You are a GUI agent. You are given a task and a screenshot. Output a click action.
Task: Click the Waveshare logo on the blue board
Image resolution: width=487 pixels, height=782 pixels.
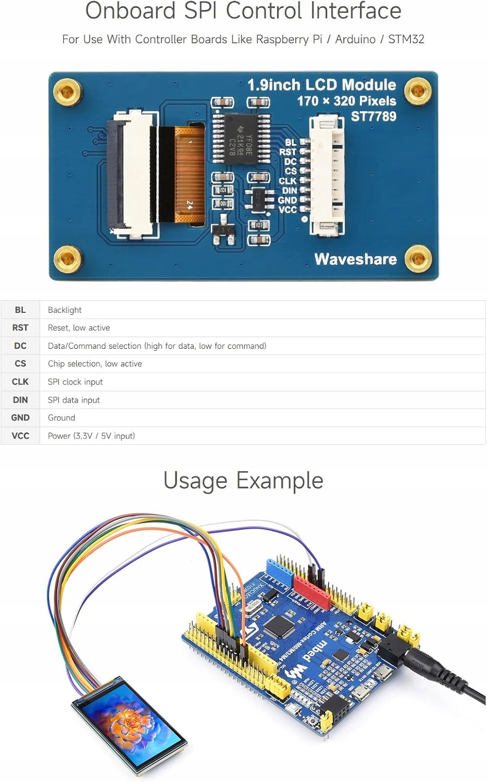355,259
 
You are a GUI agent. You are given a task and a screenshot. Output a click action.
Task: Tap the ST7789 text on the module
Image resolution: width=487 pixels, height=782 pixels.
373,116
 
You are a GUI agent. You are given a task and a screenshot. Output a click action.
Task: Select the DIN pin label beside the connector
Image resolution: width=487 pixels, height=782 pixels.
289,191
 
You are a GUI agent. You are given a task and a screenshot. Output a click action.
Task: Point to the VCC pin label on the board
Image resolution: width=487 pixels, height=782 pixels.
288,210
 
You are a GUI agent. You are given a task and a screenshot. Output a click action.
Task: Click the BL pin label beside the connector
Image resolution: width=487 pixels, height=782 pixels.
290,142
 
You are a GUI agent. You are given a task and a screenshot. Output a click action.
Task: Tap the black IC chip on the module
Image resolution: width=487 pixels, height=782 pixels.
241,138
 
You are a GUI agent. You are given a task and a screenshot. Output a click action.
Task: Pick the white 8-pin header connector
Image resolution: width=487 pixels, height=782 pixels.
327,175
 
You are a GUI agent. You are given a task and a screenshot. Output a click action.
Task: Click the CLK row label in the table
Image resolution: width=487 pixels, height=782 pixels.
20,382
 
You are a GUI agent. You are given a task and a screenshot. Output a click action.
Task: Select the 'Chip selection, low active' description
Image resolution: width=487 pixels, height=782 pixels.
95,364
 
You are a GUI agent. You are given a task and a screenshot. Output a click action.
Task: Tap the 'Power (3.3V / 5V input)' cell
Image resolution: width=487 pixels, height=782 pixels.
91,436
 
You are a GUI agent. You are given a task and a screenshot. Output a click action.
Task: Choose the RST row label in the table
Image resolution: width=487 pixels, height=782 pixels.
20,328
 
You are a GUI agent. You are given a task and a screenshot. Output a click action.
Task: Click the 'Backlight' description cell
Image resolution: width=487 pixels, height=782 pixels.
65,310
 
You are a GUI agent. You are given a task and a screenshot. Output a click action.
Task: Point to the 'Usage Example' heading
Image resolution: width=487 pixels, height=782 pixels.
243,480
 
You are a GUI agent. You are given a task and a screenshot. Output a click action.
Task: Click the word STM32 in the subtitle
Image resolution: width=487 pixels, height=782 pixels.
406,39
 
